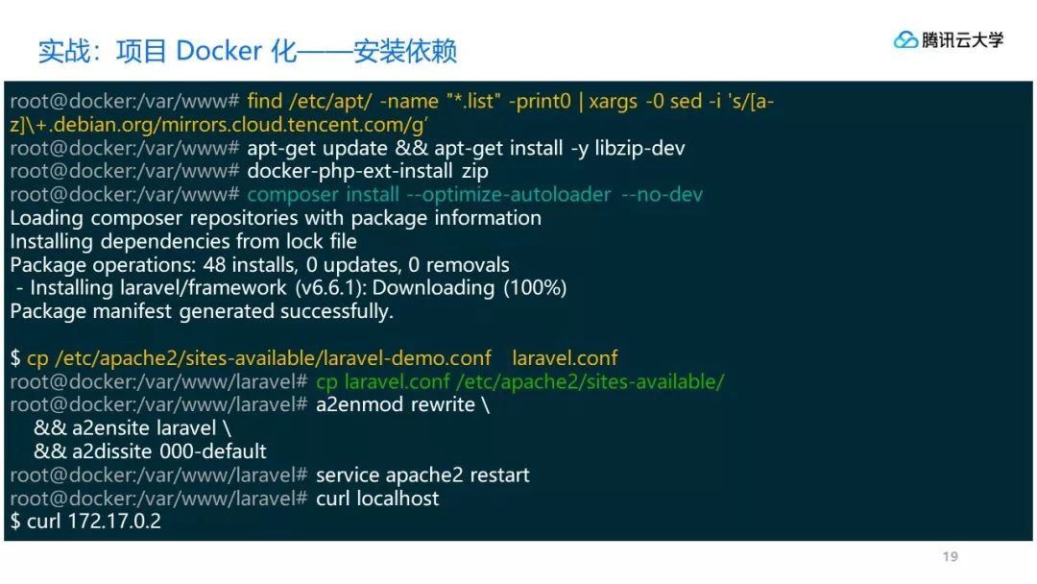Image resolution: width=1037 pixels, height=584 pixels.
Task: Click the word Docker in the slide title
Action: (219, 51)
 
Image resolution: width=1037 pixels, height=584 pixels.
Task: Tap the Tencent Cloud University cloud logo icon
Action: (905, 40)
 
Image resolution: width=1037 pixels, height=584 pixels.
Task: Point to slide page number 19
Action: (951, 557)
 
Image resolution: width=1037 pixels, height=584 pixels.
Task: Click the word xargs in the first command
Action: (613, 101)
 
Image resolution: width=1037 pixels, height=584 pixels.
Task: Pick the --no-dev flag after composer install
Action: (662, 195)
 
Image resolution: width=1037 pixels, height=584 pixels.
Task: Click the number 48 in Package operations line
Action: (214, 265)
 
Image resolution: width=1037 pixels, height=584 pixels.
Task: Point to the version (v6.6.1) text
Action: (330, 288)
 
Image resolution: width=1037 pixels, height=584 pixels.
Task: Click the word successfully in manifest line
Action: (337, 312)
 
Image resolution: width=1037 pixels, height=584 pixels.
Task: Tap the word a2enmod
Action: (360, 404)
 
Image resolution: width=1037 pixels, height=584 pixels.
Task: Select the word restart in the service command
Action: (500, 475)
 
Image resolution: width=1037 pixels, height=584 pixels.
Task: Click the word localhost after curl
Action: (398, 499)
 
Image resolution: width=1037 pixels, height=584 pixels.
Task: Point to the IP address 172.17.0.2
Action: (113, 522)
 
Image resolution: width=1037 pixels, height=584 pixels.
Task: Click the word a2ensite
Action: (111, 428)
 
